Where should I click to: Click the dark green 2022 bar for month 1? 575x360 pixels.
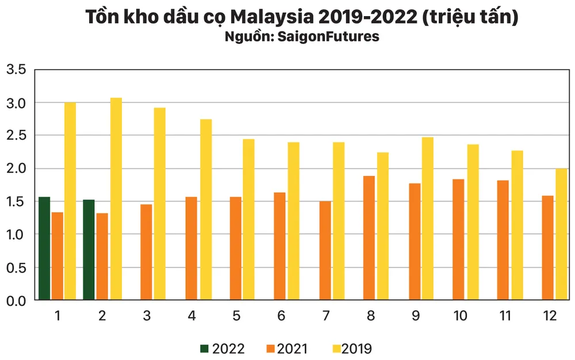click(44, 248)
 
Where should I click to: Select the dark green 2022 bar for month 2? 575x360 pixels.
click(89, 250)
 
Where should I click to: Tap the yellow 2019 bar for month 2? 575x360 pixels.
click(116, 199)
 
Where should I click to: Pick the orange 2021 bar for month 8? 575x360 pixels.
click(369, 238)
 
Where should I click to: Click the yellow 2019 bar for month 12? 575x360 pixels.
click(561, 234)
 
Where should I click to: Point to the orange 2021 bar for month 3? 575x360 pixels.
click(146, 252)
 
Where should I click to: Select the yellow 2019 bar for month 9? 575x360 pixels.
click(427, 219)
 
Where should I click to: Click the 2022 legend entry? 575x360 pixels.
click(222, 348)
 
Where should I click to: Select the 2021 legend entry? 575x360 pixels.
click(286, 348)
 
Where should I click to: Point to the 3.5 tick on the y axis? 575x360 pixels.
click(16, 70)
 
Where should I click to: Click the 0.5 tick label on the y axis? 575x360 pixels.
click(16, 267)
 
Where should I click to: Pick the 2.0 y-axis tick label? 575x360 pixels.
click(16, 168)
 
